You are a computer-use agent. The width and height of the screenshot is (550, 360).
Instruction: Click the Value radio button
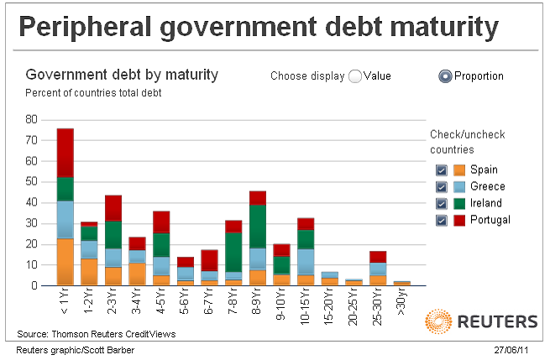click(355, 76)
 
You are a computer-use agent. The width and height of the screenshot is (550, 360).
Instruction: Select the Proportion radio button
click(445, 76)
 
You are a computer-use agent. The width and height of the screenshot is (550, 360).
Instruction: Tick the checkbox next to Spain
click(441, 170)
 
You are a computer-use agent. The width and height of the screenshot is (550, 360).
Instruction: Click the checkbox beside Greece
click(441, 186)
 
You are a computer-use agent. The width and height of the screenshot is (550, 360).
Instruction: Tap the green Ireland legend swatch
click(459, 203)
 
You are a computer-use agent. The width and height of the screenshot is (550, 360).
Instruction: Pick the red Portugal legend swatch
click(459, 220)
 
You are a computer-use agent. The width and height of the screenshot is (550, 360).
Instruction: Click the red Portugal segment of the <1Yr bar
click(65, 153)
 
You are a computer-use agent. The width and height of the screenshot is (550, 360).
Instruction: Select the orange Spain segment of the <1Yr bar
click(65, 262)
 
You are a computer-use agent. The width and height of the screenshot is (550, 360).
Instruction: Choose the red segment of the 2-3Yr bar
click(113, 208)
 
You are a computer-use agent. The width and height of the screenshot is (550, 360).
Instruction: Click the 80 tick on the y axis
click(32, 119)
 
